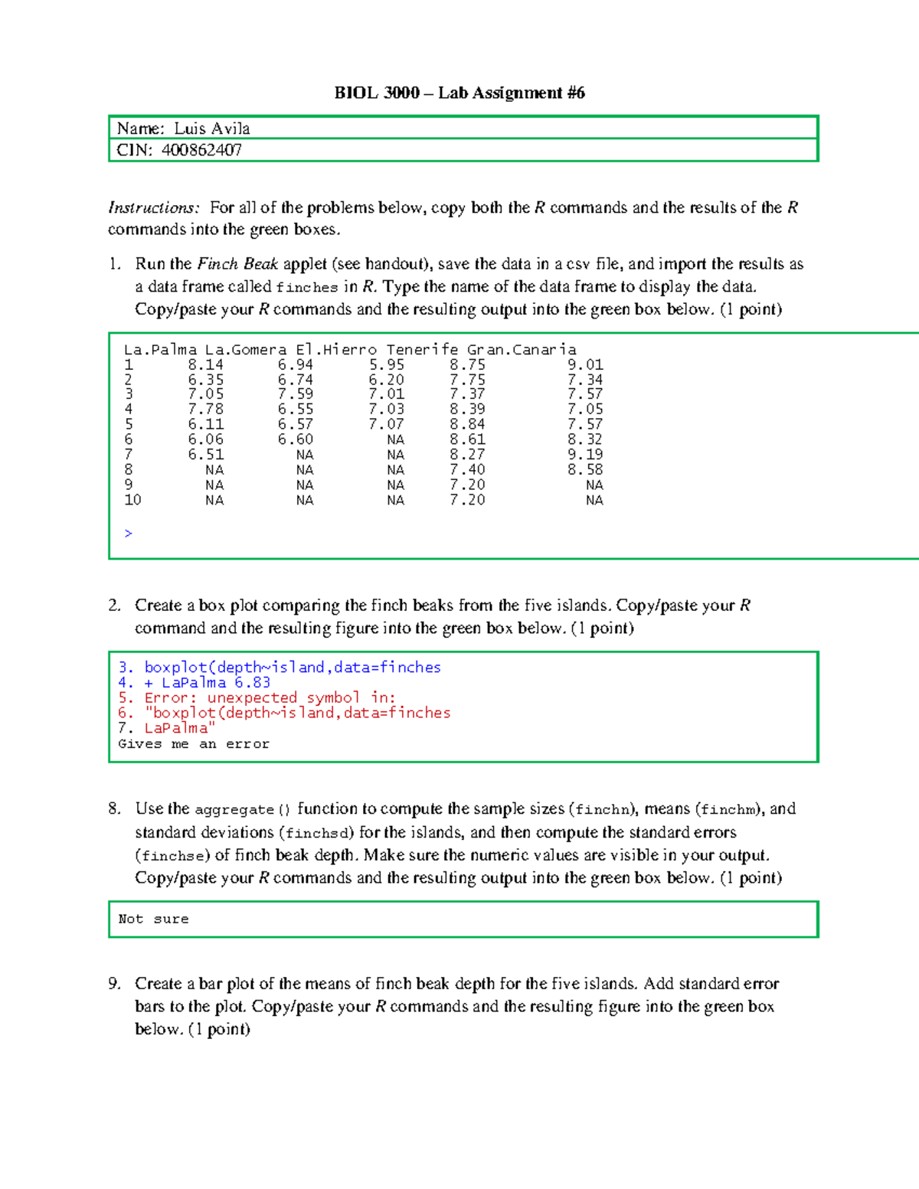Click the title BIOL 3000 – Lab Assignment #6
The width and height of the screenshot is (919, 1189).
(x=459, y=93)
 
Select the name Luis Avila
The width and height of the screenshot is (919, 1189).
(x=212, y=129)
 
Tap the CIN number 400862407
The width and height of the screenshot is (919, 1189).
(x=201, y=150)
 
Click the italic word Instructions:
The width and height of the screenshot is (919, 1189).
(x=154, y=207)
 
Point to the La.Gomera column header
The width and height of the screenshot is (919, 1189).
(x=245, y=350)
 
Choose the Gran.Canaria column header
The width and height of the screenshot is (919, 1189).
(x=522, y=350)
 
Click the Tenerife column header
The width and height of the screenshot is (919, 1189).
(x=422, y=350)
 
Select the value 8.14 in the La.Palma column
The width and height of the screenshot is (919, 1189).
(x=205, y=365)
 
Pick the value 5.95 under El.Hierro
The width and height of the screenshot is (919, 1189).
(x=386, y=365)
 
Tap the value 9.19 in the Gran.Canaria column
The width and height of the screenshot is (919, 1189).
(x=585, y=455)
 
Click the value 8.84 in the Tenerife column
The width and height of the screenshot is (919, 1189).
(x=467, y=424)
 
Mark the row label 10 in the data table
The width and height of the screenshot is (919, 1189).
(x=132, y=500)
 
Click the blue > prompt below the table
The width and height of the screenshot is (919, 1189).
(x=128, y=534)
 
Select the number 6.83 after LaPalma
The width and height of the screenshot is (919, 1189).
(x=252, y=683)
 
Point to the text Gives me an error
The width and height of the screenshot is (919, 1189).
(x=194, y=744)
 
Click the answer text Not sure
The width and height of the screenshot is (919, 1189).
(x=153, y=919)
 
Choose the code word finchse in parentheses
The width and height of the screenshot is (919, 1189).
(x=172, y=856)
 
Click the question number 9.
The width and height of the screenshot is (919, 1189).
(x=114, y=984)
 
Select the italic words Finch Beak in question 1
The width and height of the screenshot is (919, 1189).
(x=237, y=264)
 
